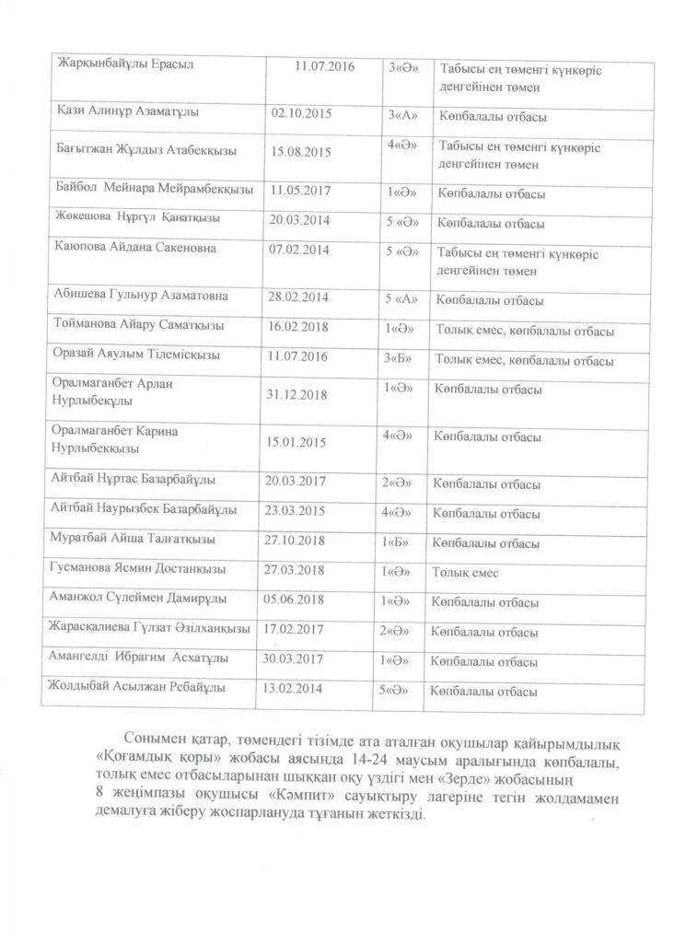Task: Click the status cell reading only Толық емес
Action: coord(466,573)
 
